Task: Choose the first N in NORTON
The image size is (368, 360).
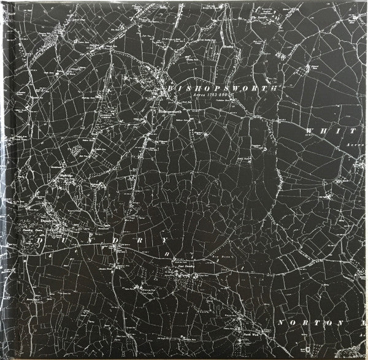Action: coord(280,323)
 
